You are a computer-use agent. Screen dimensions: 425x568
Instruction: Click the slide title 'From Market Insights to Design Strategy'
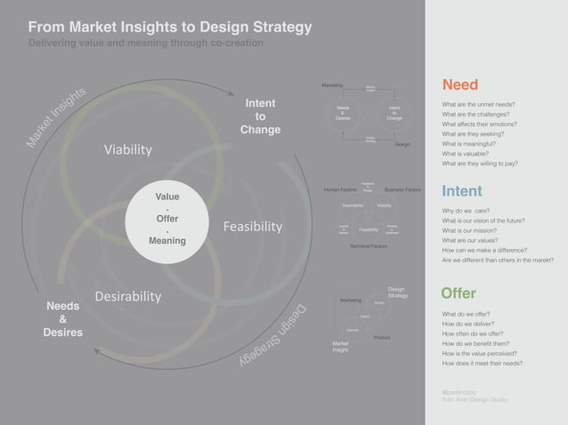(170, 27)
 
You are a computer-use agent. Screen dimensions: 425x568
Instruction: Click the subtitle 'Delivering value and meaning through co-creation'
(146, 43)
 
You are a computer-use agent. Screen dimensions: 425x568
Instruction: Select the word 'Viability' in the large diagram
(128, 149)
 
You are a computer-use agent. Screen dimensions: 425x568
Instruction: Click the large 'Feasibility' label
(253, 227)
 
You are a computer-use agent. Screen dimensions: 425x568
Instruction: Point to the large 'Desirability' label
(128, 295)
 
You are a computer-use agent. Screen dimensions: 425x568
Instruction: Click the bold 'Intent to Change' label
(260, 116)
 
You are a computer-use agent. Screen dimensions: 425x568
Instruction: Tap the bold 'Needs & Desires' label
(62, 319)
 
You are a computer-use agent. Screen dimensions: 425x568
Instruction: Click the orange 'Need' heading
(459, 84)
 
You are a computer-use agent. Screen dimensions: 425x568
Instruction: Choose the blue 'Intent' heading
(462, 191)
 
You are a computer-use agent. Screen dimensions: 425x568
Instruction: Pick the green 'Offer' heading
(458, 293)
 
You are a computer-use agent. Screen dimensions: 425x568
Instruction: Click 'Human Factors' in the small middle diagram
(340, 190)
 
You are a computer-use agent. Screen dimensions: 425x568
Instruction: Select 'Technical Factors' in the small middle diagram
(368, 245)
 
